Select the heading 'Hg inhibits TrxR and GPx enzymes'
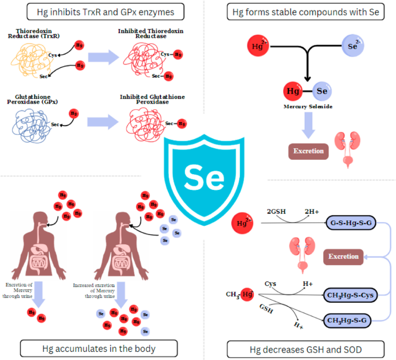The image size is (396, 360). [100, 11]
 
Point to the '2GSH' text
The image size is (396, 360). [276, 211]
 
